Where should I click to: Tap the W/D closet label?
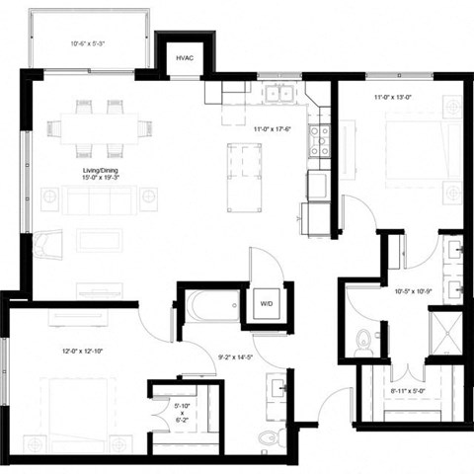point(267,304)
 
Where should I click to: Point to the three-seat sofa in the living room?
point(100,200)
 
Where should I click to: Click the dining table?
point(100,128)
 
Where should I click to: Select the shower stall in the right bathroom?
point(449,334)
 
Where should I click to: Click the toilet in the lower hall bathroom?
point(264,435)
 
